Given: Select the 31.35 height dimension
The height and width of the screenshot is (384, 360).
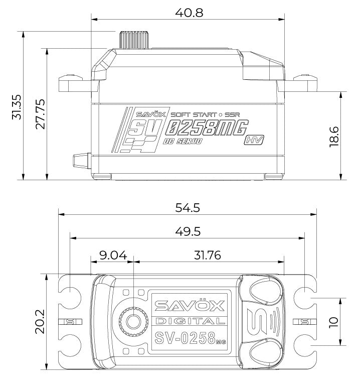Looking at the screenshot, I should [x=17, y=106].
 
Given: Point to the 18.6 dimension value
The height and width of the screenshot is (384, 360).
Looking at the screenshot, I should [x=335, y=136].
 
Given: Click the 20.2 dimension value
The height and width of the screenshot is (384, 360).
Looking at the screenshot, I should [x=40, y=321].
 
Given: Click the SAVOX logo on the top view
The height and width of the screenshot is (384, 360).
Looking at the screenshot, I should [x=190, y=306].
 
